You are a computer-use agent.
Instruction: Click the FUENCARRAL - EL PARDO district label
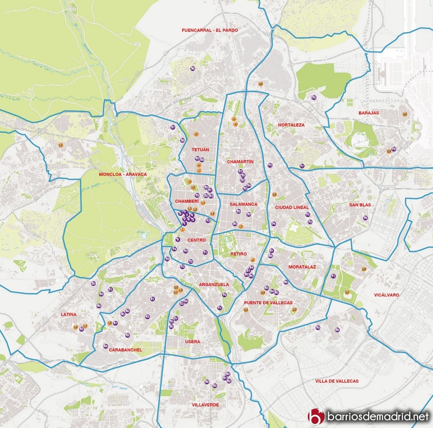click(210, 30)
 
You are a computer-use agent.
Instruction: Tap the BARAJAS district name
click(369, 113)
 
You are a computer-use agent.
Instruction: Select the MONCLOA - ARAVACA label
click(123, 174)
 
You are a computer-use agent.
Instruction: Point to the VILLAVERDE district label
click(206, 405)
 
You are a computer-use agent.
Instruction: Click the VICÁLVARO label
click(386, 295)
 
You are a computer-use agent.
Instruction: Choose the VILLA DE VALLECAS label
click(337, 381)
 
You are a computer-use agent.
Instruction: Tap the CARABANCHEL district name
click(125, 350)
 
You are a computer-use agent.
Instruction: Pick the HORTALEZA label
click(291, 125)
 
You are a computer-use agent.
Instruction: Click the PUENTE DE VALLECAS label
click(268, 303)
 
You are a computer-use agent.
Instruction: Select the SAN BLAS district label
click(360, 205)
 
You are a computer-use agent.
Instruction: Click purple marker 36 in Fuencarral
click(193, 69)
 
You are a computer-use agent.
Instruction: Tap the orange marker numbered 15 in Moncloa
click(61, 145)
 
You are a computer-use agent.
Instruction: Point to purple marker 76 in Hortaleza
click(314, 97)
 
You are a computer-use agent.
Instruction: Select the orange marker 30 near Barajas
click(405, 114)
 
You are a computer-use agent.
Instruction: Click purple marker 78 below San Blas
click(365, 218)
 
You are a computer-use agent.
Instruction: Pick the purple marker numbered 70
click(318, 328)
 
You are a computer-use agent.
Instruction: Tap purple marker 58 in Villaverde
click(207, 382)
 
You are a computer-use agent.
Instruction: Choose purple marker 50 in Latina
click(93, 283)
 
